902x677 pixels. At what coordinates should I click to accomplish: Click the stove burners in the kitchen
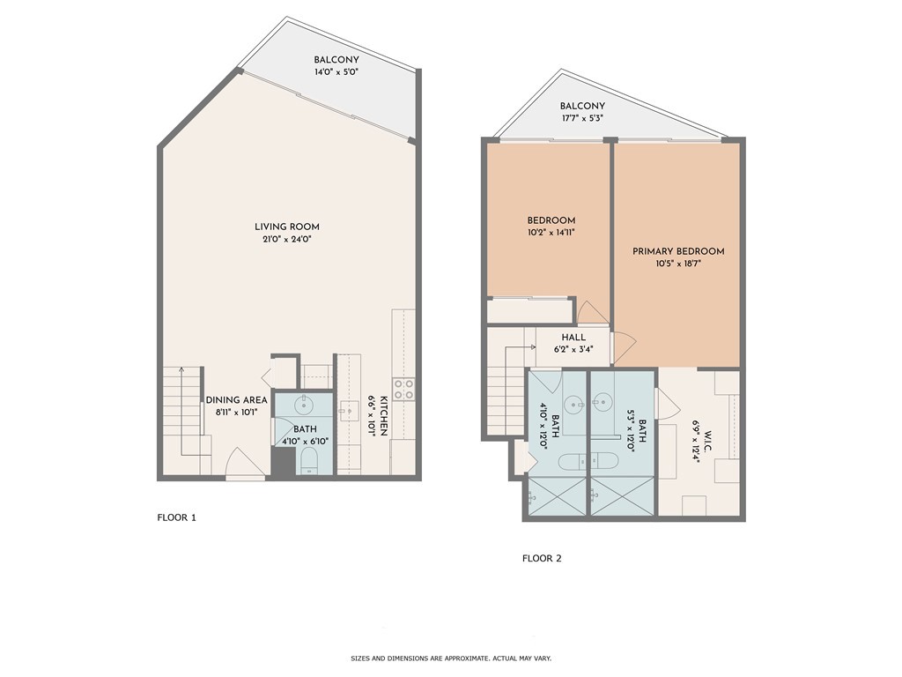coord(404,390)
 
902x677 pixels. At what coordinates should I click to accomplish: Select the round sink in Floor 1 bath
coord(305,406)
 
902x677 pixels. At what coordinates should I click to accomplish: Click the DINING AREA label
coord(236,399)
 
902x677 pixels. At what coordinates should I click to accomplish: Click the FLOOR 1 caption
coord(176,517)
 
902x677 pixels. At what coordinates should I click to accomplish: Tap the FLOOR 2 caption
coord(542,558)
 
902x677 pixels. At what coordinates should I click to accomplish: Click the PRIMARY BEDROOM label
coord(678,251)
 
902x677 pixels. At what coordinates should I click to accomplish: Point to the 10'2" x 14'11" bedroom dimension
coord(551,233)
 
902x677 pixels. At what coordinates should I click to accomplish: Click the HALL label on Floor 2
coord(574,336)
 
